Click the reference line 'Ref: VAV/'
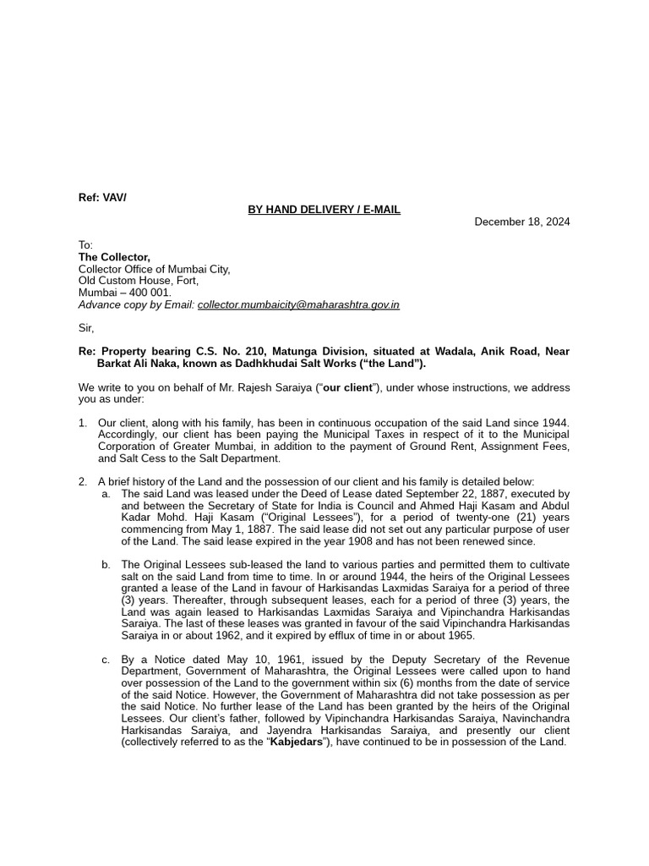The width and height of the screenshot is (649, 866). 102,198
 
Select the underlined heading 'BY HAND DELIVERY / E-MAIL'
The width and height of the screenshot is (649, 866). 324,210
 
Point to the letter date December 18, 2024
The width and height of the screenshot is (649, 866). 521,222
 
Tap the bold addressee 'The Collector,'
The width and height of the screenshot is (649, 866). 114,257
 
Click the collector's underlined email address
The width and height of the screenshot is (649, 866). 298,304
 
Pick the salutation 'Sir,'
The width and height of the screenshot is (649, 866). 87,328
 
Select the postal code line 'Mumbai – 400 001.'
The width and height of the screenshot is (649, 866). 124,293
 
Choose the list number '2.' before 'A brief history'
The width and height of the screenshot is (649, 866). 83,481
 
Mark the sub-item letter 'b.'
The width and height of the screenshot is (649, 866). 106,564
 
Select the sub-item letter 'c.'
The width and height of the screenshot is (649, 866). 106,659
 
